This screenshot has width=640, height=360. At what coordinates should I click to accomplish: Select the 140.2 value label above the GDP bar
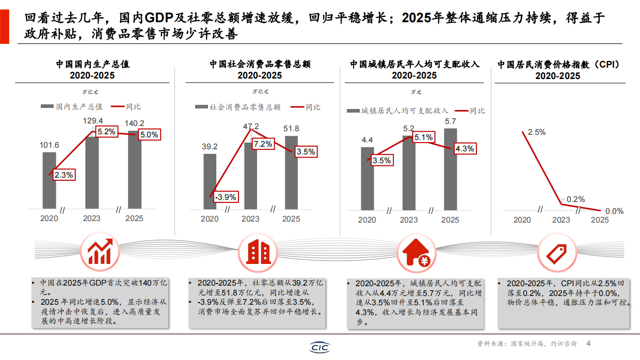tap(135, 123)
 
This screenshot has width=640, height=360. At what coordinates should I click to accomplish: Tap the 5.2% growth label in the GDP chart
tap(106, 132)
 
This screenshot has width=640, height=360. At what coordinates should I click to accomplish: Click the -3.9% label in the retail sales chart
tap(226, 197)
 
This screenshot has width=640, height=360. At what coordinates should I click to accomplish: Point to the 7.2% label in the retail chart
tap(263, 144)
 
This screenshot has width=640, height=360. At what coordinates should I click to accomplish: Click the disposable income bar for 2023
tap(409, 173)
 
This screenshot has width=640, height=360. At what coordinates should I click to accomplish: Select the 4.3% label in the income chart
tap(465, 148)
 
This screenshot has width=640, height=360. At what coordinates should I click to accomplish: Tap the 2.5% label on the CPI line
tap(537, 132)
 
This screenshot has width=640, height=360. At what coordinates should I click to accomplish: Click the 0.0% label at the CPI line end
tap(614, 211)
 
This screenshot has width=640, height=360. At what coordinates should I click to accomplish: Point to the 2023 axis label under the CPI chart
tap(561, 220)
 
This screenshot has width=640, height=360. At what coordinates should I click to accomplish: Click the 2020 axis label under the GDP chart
tap(49, 218)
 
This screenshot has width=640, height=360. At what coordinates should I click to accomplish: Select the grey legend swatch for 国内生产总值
tap(47, 107)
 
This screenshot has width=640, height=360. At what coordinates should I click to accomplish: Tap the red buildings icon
tap(259, 251)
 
